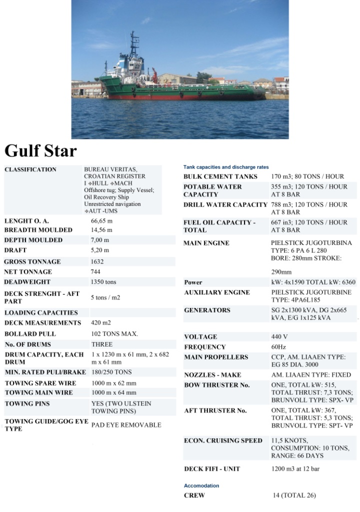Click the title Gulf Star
(41, 150)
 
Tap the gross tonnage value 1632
(97, 261)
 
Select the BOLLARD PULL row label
(30, 333)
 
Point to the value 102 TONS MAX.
(114, 333)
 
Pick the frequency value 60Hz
(278, 346)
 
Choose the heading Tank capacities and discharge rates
(226, 167)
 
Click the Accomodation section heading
(201, 485)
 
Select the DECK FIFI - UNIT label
(212, 468)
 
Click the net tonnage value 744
(96, 271)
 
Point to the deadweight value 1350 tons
(103, 282)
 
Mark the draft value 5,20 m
(99, 250)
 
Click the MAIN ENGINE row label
(206, 243)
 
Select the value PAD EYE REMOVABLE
(126, 425)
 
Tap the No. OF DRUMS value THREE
(102, 344)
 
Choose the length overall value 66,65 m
(101, 220)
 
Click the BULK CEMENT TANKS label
(220, 176)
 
